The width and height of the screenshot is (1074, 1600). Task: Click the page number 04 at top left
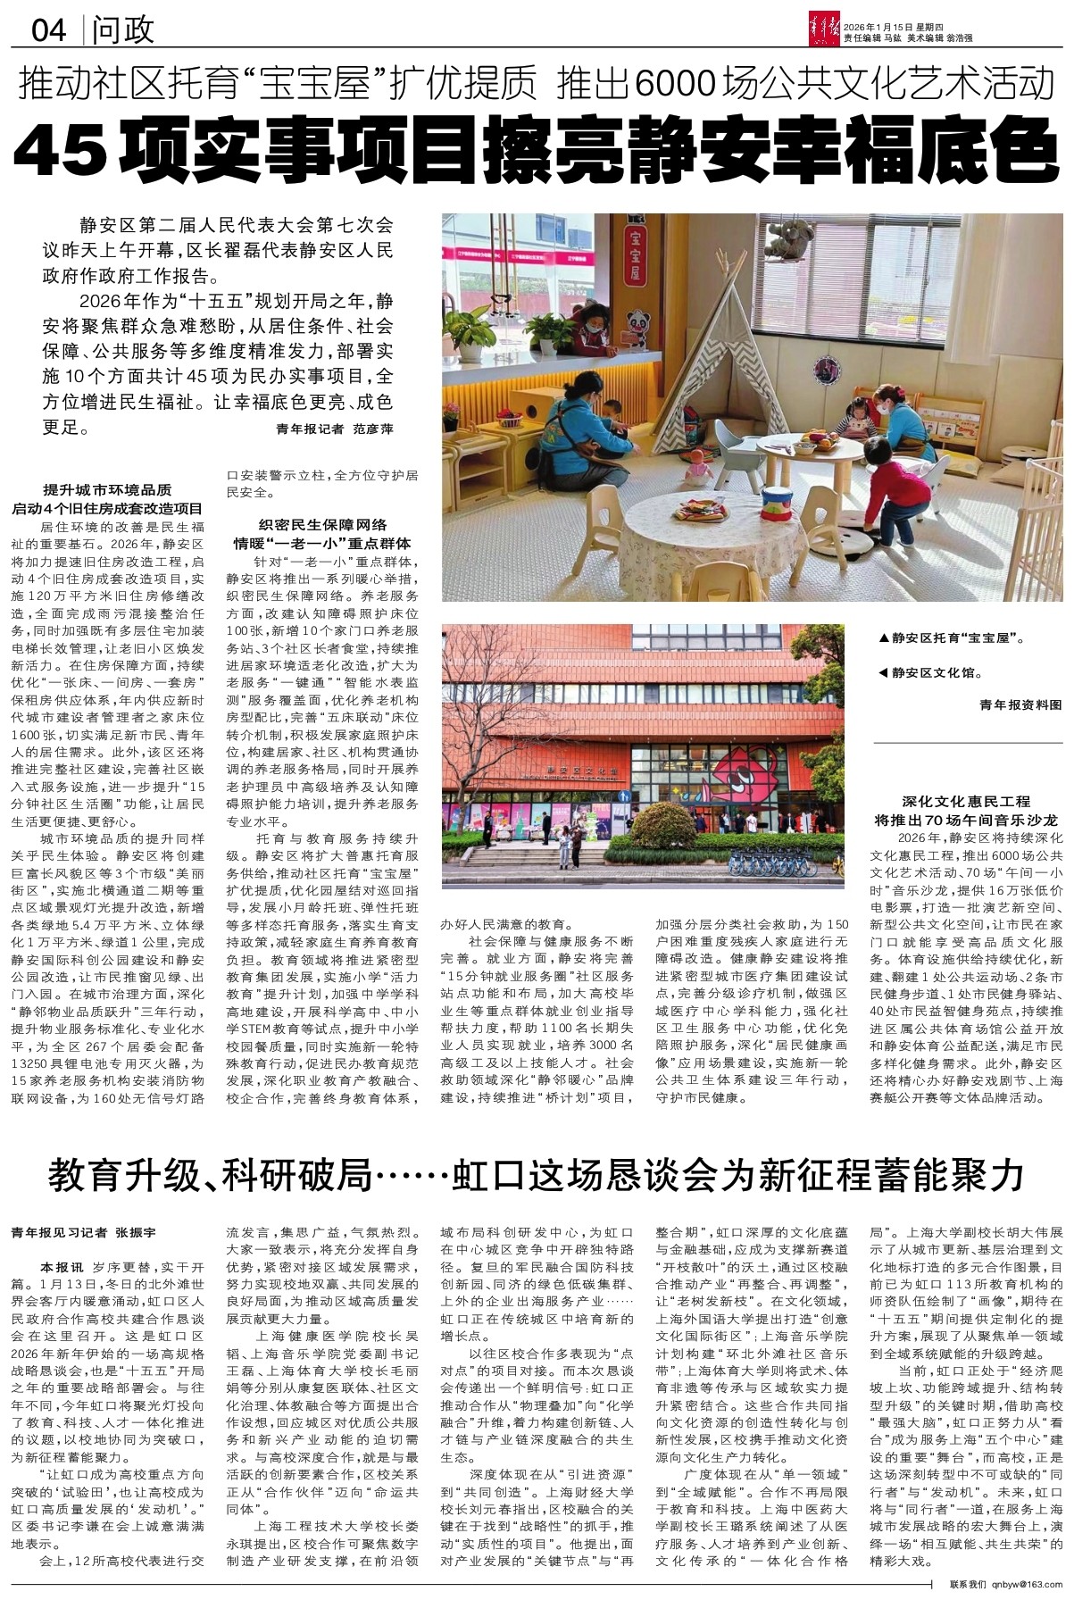tap(49, 30)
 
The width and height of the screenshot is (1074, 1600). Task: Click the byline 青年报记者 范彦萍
tap(336, 429)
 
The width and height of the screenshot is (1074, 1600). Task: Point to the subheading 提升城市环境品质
tap(108, 491)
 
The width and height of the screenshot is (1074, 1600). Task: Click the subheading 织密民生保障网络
tap(322, 525)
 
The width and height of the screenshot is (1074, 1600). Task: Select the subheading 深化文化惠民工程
tap(966, 802)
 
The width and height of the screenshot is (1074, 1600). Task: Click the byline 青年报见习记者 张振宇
tap(83, 1232)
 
